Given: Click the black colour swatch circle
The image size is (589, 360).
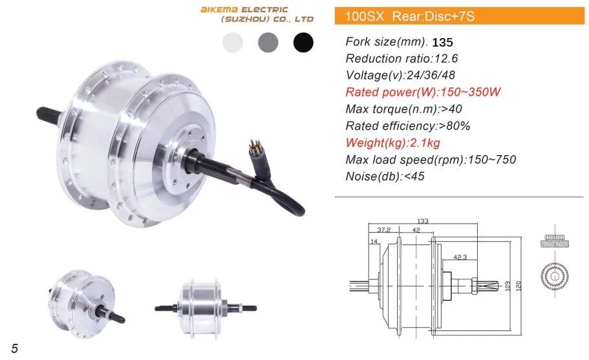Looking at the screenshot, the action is click(303, 42).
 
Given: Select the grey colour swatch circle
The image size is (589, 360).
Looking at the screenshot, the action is click(268, 42).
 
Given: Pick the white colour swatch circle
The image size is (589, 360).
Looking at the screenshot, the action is click(233, 42).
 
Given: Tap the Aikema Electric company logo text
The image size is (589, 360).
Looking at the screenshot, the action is click(257, 14).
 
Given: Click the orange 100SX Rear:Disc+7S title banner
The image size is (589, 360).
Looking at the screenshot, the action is click(460, 16).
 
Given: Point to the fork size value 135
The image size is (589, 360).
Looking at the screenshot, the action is click(442, 43).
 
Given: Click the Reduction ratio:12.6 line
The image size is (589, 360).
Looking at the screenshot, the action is click(402, 59).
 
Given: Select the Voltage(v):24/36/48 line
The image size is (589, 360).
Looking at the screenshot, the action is click(400, 75).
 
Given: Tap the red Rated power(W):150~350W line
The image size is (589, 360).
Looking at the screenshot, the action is click(423, 92).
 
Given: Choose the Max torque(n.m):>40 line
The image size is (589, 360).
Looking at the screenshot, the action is click(403, 109).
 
